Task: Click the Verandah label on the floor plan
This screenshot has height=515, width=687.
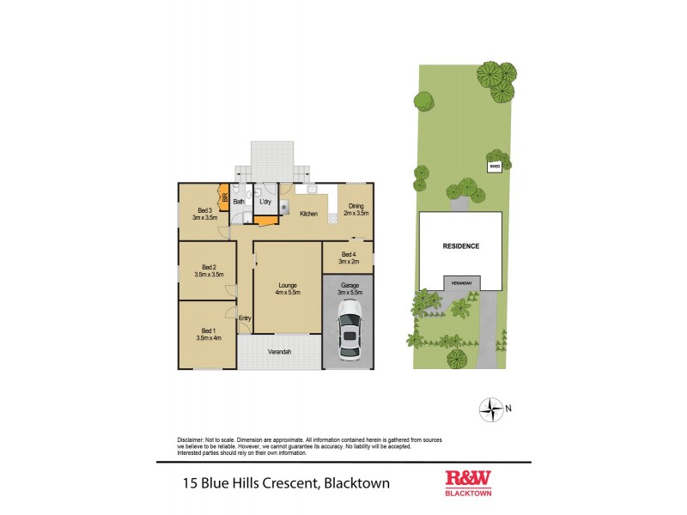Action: click(x=278, y=352)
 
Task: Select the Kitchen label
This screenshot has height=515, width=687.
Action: click(x=309, y=214)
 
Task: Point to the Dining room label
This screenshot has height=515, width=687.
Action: click(x=354, y=206)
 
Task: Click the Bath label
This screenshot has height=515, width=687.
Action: click(x=238, y=201)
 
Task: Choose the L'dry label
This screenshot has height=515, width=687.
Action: click(x=266, y=201)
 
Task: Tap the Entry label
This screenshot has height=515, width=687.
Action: click(x=245, y=318)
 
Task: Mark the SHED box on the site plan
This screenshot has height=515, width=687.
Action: click(x=494, y=167)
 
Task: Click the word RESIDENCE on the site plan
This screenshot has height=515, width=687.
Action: click(x=460, y=246)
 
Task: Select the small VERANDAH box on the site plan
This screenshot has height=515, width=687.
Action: click(x=462, y=282)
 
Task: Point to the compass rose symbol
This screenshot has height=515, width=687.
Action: click(x=491, y=409)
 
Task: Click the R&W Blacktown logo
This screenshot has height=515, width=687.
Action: click(x=468, y=482)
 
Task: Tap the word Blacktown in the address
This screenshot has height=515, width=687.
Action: click(x=356, y=483)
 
